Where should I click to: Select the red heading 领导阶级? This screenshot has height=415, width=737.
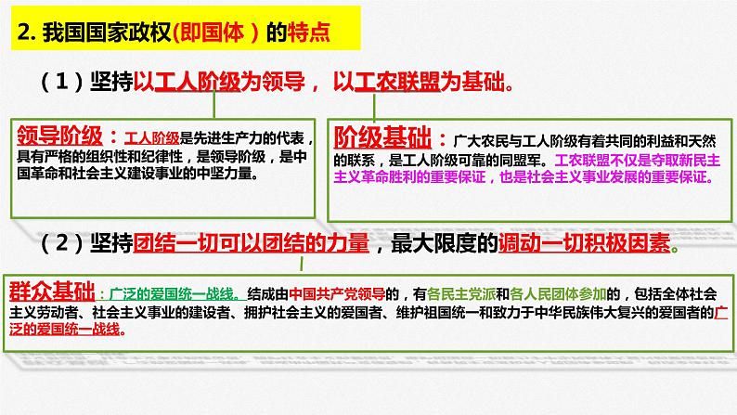coord(58,134)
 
